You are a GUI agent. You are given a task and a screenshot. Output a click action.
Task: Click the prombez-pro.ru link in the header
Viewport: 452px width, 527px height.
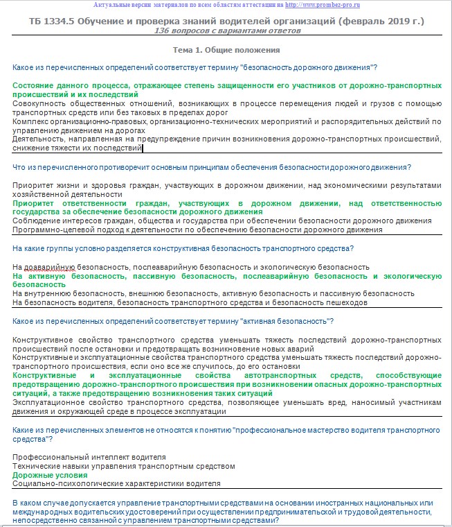click(x=343, y=5)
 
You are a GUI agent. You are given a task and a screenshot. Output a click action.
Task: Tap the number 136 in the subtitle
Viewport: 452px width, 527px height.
click(x=162, y=32)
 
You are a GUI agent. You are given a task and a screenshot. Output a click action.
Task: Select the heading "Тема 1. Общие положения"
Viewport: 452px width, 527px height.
click(x=226, y=51)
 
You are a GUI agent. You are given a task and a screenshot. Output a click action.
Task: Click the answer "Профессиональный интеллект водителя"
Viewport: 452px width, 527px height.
click(x=89, y=458)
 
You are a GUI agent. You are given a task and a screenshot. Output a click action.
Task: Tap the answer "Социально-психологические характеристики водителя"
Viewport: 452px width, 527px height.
click(x=116, y=483)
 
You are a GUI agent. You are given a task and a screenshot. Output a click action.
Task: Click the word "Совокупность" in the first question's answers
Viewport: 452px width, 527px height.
click(x=40, y=103)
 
